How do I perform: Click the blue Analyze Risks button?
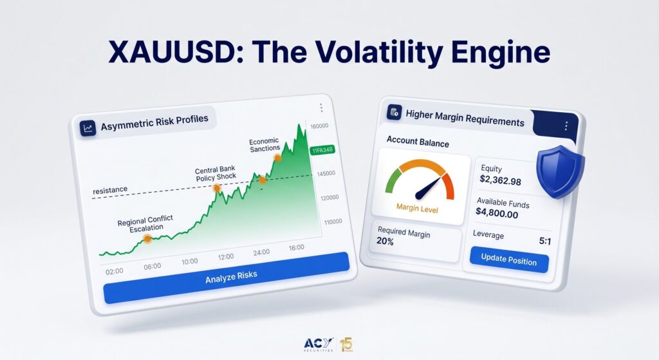pos(226,278)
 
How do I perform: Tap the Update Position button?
pos(509,260)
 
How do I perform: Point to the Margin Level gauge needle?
pos(429,188)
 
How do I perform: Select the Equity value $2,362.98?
pos(500,180)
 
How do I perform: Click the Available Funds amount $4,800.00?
pos(497,213)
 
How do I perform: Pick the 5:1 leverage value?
pos(544,241)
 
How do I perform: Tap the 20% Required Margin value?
pos(385,241)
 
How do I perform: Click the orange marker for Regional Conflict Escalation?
pos(147,239)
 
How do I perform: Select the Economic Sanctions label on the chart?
pos(265,145)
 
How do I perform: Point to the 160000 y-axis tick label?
pos(319,126)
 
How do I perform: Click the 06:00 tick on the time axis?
pos(152,267)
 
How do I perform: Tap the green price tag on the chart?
pos(322,150)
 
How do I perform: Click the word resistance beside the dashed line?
pos(110,190)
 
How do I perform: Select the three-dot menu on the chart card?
pos(321,108)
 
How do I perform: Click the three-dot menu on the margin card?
pos(566,126)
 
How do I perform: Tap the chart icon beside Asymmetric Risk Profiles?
pos(88,128)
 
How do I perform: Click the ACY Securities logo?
pos(318,345)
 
